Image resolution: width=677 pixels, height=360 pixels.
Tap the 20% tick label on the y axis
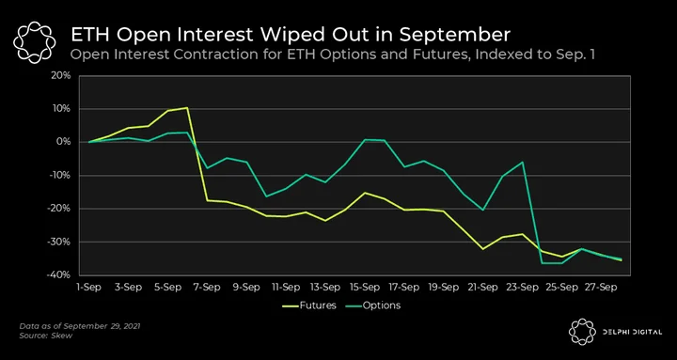(x=63, y=75)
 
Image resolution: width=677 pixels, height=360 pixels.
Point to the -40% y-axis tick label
(x=61, y=275)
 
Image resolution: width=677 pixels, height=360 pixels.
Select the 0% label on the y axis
(x=65, y=142)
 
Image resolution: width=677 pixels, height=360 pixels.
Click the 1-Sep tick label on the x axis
(x=89, y=288)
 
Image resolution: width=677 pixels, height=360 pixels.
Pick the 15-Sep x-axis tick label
(x=365, y=288)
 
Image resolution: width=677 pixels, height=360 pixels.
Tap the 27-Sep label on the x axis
(x=601, y=288)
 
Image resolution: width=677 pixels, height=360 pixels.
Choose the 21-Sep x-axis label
(x=482, y=288)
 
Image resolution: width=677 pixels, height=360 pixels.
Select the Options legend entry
(x=373, y=305)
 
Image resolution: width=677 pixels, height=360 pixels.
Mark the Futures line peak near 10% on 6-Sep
(x=187, y=107)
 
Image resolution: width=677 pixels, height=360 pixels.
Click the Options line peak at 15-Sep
(x=365, y=139)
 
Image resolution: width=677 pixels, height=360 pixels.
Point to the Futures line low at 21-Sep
(x=482, y=249)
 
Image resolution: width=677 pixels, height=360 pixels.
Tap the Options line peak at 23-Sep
(x=523, y=162)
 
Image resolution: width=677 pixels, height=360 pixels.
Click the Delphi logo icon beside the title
(x=35, y=42)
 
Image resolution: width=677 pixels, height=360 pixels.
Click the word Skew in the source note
(x=64, y=336)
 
